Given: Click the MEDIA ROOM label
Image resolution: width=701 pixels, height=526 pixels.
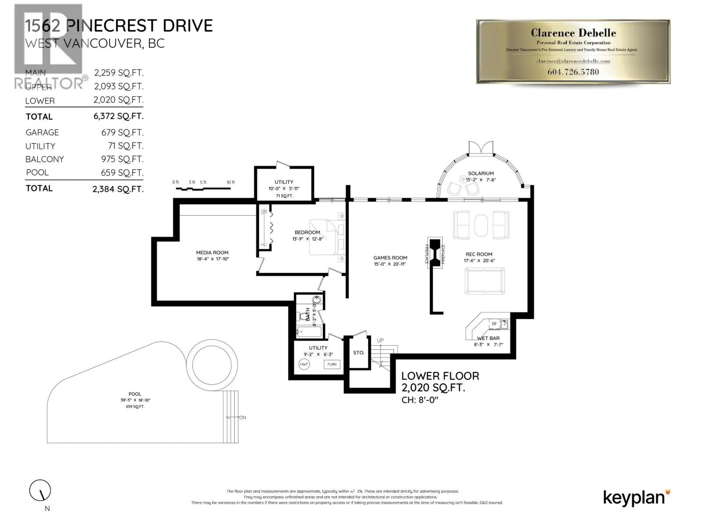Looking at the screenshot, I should pos(212,252).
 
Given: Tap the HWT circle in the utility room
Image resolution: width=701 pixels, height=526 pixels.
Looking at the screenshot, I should pos(304,364).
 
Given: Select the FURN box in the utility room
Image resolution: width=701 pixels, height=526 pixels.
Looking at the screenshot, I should pos(332,364).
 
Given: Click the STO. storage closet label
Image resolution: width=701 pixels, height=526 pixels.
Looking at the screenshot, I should pos(358,352).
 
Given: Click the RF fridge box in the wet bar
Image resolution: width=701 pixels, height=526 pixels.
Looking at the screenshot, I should pos(494,324).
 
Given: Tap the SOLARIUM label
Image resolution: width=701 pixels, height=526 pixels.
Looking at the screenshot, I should pos(481,174).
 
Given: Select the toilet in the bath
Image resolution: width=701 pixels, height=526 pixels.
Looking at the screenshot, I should pos(303,316).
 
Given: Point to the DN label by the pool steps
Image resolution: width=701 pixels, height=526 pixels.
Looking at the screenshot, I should pos(243,417).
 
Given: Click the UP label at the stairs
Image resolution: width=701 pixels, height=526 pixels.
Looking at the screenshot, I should pos(380,340).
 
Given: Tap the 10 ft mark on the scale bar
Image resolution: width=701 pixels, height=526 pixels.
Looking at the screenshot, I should pos(230,182).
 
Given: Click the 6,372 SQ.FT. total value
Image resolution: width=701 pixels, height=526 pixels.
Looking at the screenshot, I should pos(118,116).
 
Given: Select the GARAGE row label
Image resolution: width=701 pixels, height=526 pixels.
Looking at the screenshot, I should pos(42,132).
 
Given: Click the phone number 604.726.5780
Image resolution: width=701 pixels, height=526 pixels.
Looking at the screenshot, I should pos(573,72).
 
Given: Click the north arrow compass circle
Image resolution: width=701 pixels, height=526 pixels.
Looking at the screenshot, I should pos(40,490).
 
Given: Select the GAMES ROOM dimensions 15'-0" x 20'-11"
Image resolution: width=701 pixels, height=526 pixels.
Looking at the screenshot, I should pos(390,264).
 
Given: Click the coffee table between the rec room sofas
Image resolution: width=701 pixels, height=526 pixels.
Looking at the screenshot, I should pos(481,225).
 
